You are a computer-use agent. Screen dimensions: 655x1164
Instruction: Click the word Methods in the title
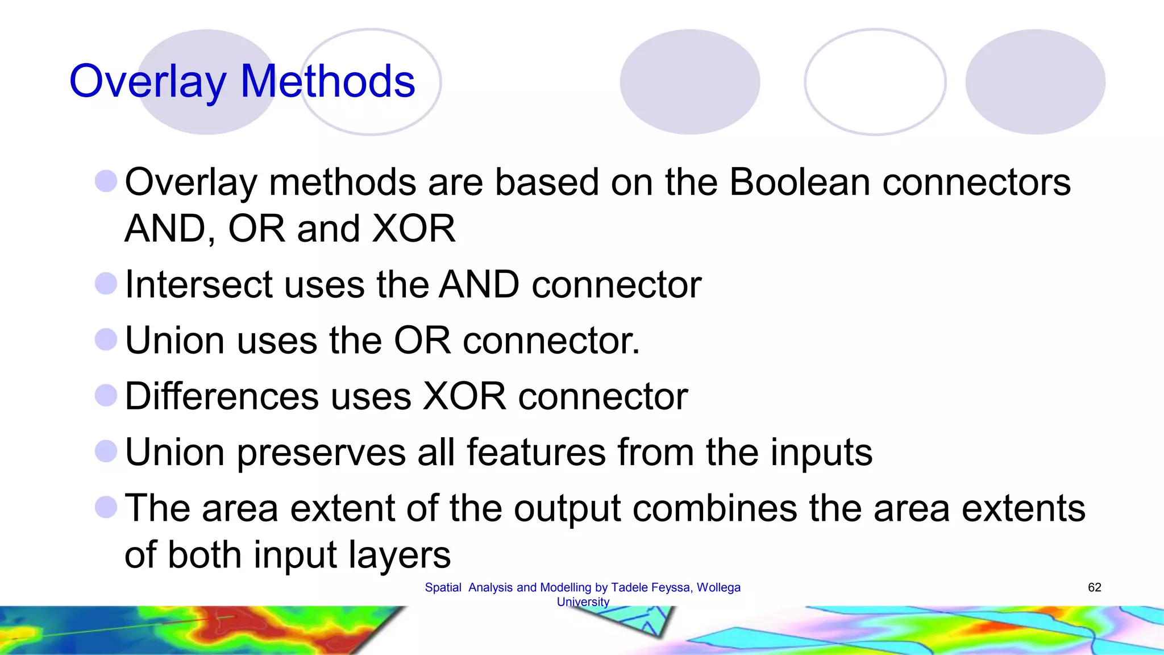point(327,81)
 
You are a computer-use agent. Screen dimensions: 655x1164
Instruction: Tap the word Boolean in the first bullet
point(799,183)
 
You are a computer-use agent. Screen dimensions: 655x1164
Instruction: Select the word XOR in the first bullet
point(413,229)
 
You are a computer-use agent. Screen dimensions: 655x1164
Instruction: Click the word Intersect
point(198,284)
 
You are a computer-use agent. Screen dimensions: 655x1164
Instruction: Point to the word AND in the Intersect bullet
point(479,284)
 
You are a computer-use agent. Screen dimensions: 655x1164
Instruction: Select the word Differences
point(222,396)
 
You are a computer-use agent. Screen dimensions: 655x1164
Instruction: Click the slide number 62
point(1094,587)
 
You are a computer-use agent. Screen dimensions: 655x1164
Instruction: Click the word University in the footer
point(583,602)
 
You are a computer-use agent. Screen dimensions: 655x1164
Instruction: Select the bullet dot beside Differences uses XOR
point(106,395)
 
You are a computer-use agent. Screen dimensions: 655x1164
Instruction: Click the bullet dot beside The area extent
point(106,507)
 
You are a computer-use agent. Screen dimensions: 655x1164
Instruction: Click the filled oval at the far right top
point(1035,82)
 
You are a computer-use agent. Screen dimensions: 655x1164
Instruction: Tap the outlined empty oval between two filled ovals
point(875,82)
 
